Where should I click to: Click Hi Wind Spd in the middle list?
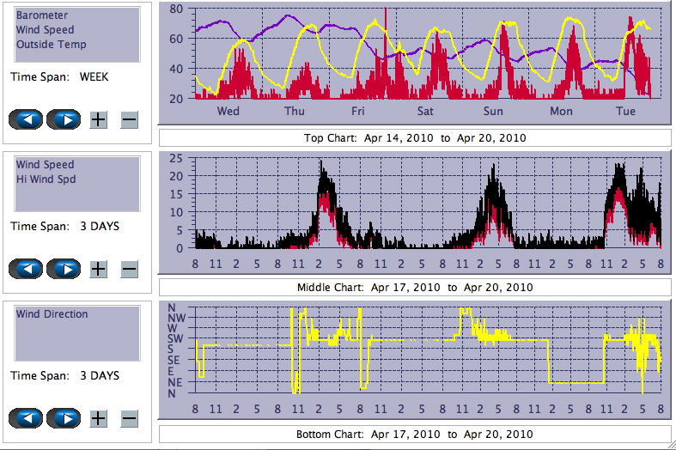point(45,179)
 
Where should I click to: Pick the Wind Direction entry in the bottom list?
point(52,314)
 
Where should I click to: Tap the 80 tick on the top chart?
point(176,9)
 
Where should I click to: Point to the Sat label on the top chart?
point(425,112)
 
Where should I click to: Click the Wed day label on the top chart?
point(228,112)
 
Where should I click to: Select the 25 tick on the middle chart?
point(176,159)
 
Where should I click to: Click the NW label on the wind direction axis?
point(174,318)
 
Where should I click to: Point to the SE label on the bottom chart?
point(174,361)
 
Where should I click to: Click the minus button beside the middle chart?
point(129,269)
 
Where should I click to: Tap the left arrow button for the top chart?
point(25,119)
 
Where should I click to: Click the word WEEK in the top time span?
point(94,76)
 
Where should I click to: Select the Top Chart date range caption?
point(415,137)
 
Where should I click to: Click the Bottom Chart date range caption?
point(415,434)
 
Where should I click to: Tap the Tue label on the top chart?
point(625,112)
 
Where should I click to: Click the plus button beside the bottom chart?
point(99,418)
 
